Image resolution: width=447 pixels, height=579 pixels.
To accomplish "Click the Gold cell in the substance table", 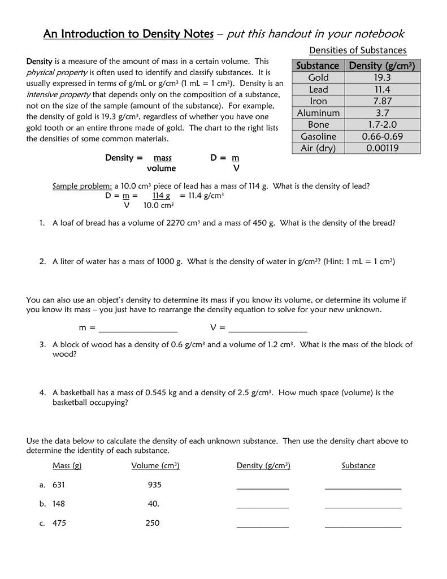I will tap(318, 77).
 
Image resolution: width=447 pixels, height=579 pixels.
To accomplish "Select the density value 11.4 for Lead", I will tap(383, 89).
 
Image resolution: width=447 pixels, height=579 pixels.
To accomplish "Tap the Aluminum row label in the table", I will tap(318, 113).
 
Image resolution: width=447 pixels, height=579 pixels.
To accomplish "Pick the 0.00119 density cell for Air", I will tap(383, 148).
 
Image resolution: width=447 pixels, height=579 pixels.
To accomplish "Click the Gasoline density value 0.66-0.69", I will tap(383, 136).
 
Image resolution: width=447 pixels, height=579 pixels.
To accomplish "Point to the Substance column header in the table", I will tap(318, 66).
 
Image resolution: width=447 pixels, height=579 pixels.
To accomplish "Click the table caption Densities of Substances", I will tap(358, 50).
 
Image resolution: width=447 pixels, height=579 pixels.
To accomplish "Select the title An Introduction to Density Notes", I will tap(128, 34).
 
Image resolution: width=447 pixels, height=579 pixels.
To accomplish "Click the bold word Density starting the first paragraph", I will tap(40, 61).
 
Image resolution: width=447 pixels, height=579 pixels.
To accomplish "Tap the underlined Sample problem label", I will tap(82, 186).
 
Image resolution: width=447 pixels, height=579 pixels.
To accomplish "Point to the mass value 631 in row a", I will tap(59, 485).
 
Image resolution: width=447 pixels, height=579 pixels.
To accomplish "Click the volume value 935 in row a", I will tap(155, 485).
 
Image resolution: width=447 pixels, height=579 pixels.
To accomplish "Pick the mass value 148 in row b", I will tap(59, 504).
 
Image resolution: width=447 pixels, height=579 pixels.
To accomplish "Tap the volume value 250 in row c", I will tap(153, 523).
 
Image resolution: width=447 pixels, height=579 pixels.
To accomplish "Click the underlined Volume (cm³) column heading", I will tap(155, 466).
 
